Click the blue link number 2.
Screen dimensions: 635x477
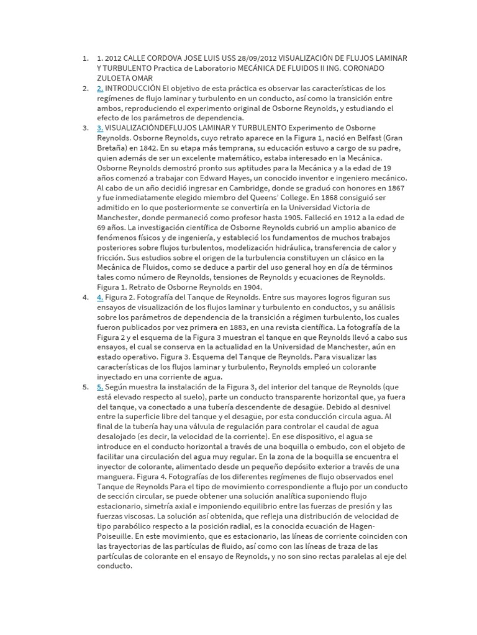[x=99, y=89]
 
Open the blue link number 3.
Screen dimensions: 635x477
[x=99, y=128]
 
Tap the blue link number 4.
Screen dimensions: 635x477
[x=99, y=297]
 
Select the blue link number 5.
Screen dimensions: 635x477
[x=99, y=386]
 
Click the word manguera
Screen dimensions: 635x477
[x=117, y=476]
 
